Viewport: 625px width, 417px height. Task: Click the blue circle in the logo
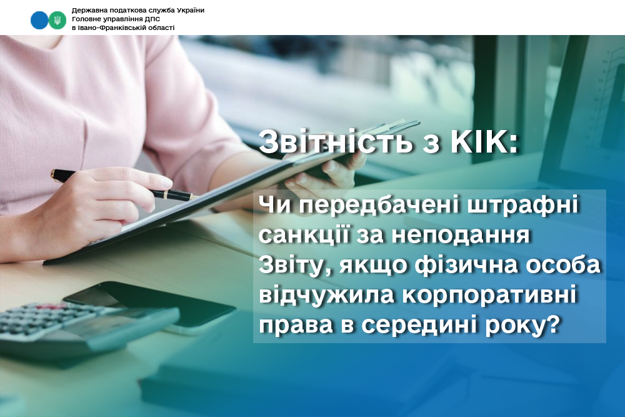[39, 20]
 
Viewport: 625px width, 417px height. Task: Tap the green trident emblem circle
[57, 20]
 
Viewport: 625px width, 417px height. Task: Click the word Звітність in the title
[335, 141]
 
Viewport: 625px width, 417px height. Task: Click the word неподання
[461, 235]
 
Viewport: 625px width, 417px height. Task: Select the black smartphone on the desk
[150, 305]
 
